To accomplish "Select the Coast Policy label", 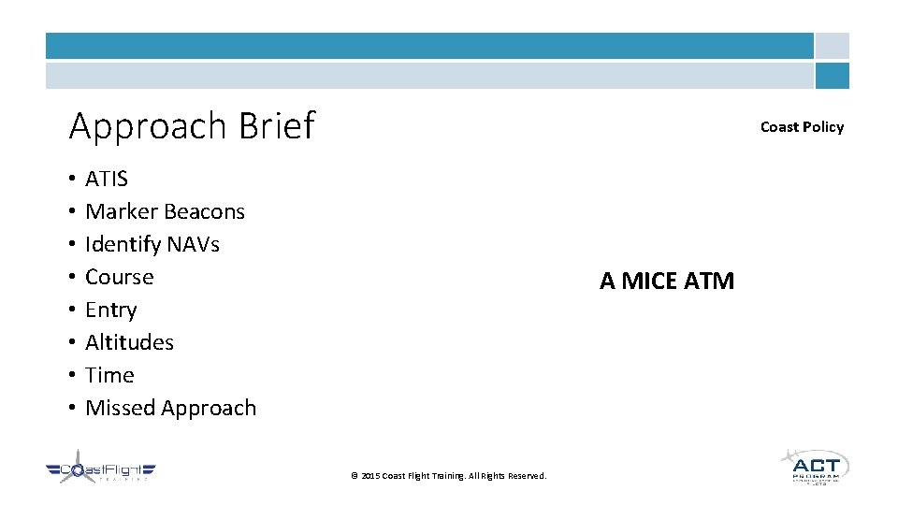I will (802, 127).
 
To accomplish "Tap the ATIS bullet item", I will (107, 179).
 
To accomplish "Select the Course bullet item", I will (119, 277).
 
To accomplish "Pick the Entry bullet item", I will (110, 310).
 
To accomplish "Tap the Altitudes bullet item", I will (129, 342).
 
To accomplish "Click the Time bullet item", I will (109, 375).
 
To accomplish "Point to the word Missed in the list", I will (120, 408).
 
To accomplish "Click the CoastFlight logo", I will (101, 468).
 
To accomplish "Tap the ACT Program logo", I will (815, 465).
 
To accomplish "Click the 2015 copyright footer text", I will (448, 476).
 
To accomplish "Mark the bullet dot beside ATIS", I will (72, 179).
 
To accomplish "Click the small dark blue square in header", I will (832, 76).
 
